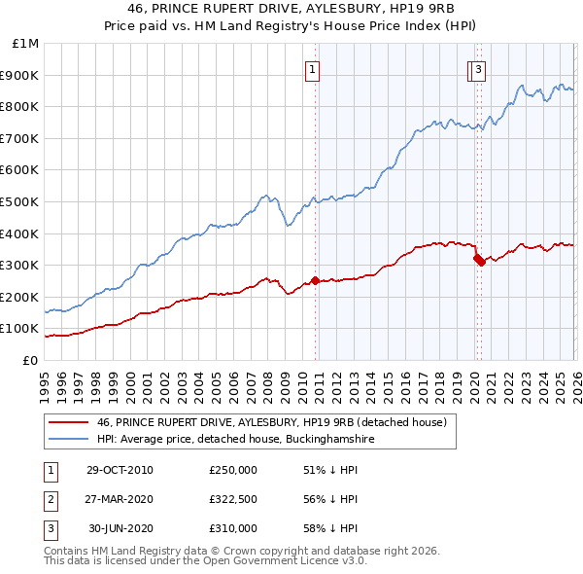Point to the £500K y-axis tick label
[20, 202]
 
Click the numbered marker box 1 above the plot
[313, 69]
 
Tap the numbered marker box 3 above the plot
[480, 69]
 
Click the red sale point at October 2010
[316, 281]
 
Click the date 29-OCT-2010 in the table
[120, 470]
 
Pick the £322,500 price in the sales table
[233, 499]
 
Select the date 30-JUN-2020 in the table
[120, 528]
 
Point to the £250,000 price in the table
[233, 470]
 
